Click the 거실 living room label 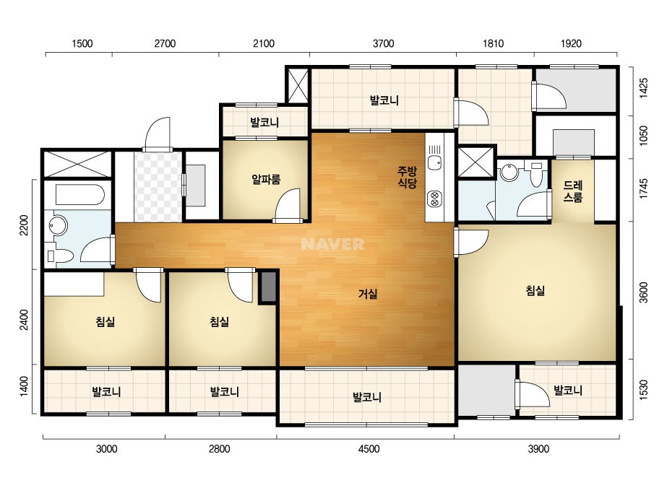click(x=368, y=294)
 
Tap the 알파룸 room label click(x=266, y=179)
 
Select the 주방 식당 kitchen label click(x=407, y=178)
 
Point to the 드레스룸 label click(x=572, y=191)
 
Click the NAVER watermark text click(x=332, y=244)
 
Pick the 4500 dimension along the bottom click(x=369, y=449)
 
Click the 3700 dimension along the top click(x=383, y=43)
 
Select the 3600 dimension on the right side click(x=644, y=292)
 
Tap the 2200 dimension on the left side click(x=25, y=225)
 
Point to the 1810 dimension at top click(x=493, y=43)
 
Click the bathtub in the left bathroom click(x=80, y=195)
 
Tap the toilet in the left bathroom click(x=59, y=255)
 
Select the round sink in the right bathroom click(x=509, y=172)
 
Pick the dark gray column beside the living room click(x=268, y=287)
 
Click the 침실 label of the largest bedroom click(x=535, y=291)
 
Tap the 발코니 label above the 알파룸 click(x=264, y=123)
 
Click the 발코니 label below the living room click(x=367, y=398)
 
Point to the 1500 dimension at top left click(x=82, y=43)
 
